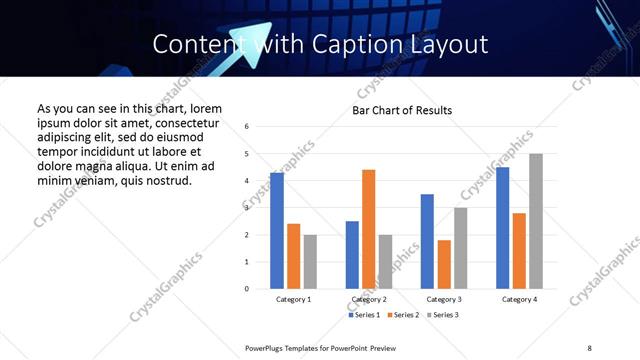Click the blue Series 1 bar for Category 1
point(277,231)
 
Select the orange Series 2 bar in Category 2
point(369,229)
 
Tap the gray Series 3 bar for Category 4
point(536,221)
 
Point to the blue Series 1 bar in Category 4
point(503,228)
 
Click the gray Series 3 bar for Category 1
point(310,262)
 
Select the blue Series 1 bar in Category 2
point(352,255)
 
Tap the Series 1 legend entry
point(363,315)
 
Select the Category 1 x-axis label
point(293,299)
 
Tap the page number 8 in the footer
point(590,347)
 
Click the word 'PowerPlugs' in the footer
point(266,347)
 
